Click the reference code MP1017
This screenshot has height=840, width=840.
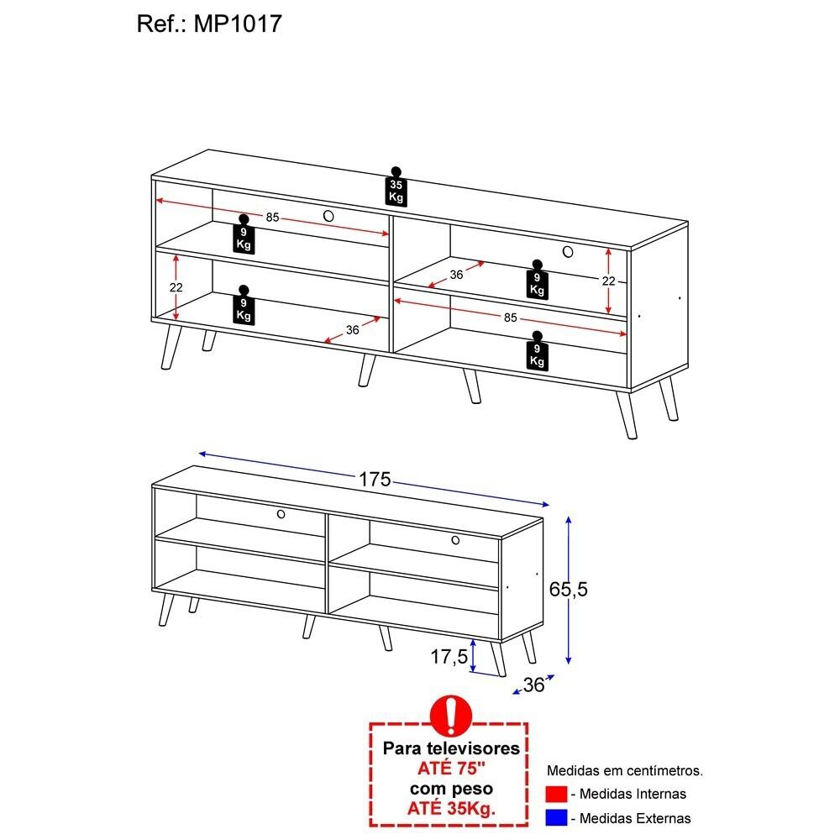pos(238,24)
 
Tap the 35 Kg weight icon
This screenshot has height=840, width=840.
pos(396,186)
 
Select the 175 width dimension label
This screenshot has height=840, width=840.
pos(375,479)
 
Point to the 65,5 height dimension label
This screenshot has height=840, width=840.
pos(568,590)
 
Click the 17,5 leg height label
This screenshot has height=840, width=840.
pos(449,656)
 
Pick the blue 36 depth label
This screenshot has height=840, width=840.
pos(533,685)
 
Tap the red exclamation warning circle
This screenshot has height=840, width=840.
pos(451,716)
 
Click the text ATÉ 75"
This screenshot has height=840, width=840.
pos(451,769)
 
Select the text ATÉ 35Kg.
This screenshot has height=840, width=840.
pos(451,808)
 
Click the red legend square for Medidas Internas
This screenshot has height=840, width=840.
pos(556,794)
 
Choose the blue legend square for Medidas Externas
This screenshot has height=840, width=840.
pos(556,818)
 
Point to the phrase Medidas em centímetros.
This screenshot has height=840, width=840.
pos(625,771)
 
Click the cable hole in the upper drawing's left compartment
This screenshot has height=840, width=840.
pos(328,216)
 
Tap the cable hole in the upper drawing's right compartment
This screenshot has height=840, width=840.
pos(568,251)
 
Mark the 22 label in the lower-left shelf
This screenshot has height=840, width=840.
pos(176,287)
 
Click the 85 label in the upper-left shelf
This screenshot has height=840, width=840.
pos(273,217)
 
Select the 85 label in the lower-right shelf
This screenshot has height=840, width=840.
pos(510,318)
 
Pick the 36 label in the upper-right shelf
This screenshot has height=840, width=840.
pos(456,275)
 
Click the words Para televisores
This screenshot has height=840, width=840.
pos(451,748)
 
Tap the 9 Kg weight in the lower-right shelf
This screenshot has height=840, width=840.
pos(537,350)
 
